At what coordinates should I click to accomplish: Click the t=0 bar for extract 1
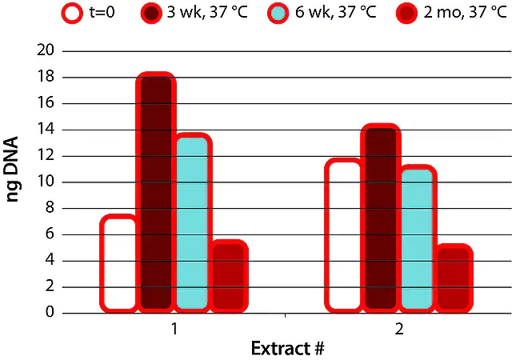pos(118,263)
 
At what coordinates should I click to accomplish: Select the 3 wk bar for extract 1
pos(156,192)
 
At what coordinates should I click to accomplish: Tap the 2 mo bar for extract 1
pos(229,276)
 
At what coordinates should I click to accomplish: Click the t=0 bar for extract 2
pos(344,235)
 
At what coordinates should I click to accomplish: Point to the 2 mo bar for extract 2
pos(454,278)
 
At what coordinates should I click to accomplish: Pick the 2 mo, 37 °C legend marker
pos(408,14)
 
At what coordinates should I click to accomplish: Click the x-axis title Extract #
pos(286,349)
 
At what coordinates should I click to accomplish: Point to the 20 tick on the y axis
pos(46,50)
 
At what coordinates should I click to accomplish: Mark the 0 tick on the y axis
pos(50,313)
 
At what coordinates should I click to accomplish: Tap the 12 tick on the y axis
pos(46,155)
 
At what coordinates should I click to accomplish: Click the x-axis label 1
pos(174,328)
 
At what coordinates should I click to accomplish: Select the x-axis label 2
pos(398,328)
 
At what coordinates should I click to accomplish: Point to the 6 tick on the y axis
pos(50,234)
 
